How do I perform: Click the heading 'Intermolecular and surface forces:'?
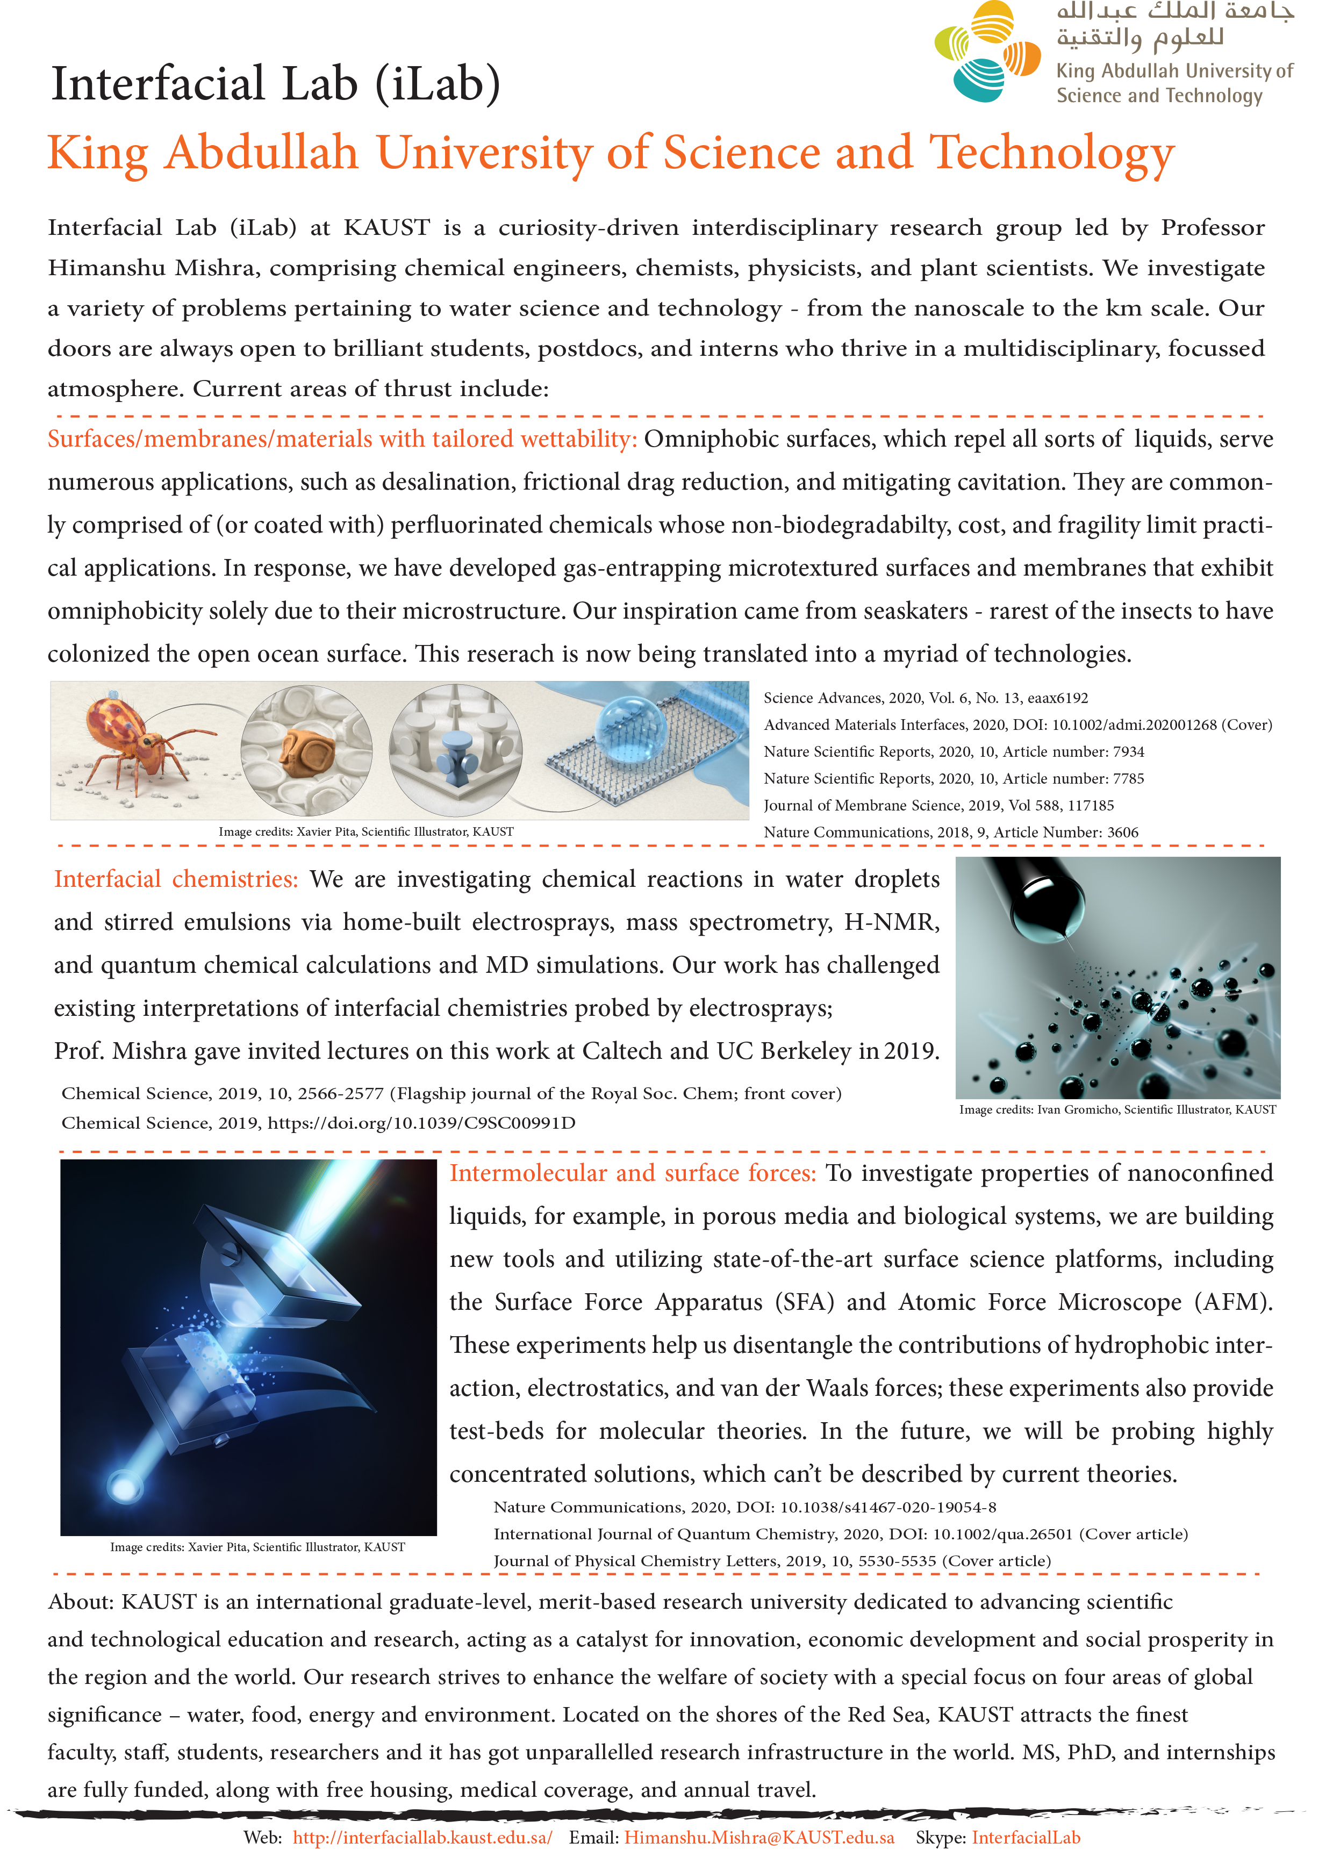632,1172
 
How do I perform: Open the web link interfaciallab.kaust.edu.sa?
422,1837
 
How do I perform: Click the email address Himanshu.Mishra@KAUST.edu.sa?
759,1837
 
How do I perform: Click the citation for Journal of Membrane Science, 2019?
938,805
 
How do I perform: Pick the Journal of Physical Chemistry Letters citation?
771,1561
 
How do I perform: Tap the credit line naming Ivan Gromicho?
1117,1109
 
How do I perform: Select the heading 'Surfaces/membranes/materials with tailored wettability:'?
341,439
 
